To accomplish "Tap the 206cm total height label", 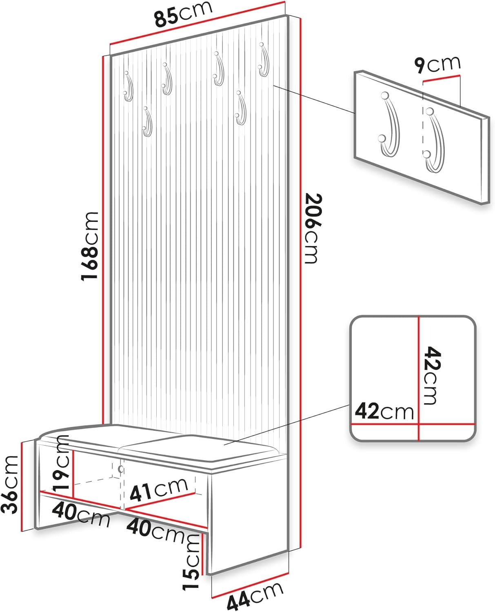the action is tap(312, 228).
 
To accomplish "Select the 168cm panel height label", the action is tap(90, 246).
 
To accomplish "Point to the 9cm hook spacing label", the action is tap(437, 64).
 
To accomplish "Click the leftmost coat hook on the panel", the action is tap(129, 86).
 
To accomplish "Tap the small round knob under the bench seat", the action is tap(121, 469).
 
